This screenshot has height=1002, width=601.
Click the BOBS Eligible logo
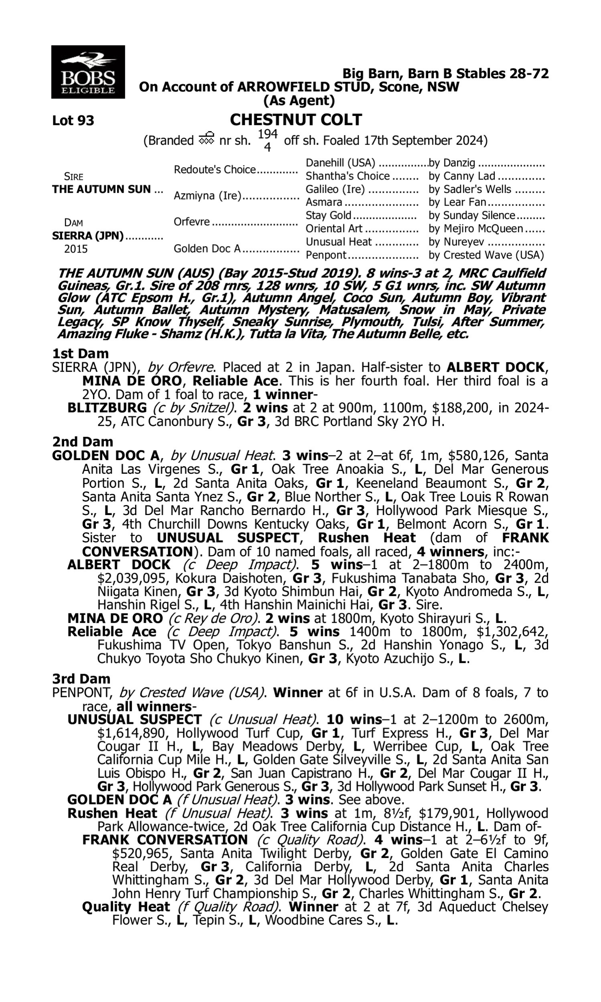point(88,72)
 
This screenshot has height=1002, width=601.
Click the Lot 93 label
point(73,120)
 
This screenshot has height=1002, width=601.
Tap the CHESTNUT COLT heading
point(296,120)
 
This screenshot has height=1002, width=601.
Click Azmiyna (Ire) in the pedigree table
point(208,196)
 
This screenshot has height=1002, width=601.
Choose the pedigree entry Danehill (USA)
point(340,163)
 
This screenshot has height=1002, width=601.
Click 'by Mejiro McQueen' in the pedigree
point(476,229)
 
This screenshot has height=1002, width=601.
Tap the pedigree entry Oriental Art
point(334,229)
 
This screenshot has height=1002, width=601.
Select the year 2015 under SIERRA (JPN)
point(76,248)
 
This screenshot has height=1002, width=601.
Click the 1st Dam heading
point(80,354)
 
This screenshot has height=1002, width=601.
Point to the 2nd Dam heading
point(83,441)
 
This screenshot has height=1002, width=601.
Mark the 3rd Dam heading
point(81,679)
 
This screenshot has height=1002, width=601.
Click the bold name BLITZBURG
point(107,408)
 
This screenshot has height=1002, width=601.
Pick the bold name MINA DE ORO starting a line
point(115,618)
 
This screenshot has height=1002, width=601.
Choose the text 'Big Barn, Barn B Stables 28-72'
point(446,73)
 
